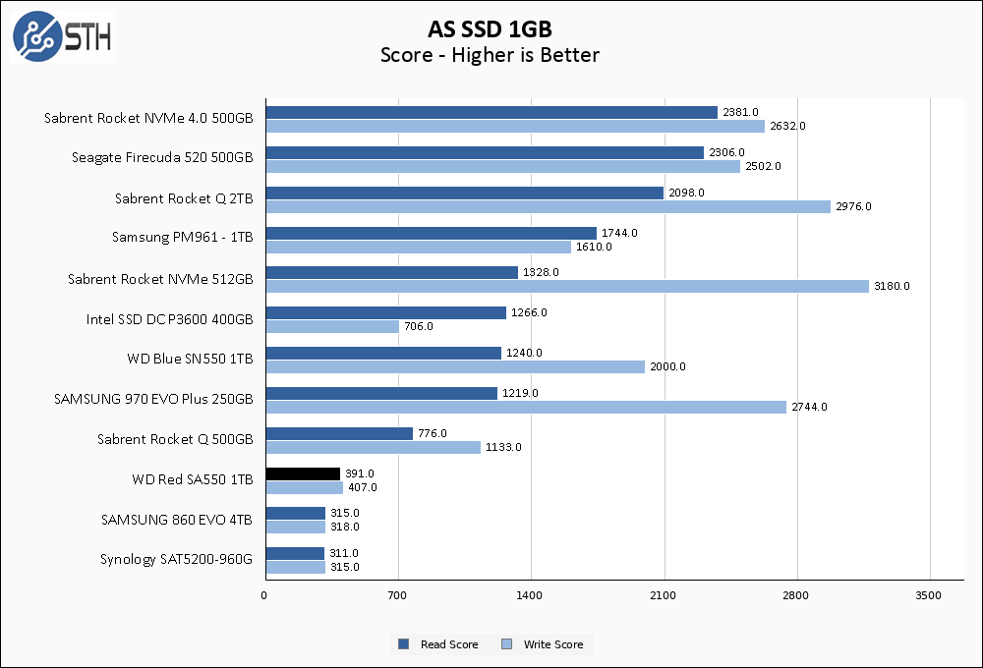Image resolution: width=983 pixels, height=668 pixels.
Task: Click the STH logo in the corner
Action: [x=62, y=36]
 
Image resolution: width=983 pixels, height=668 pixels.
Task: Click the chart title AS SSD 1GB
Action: [x=490, y=28]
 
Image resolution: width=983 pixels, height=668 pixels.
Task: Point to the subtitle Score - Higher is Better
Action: [x=490, y=55]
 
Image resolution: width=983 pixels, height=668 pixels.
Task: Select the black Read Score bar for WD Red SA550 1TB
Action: [x=303, y=473]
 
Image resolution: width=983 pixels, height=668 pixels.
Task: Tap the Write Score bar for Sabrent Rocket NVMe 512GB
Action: [x=567, y=286]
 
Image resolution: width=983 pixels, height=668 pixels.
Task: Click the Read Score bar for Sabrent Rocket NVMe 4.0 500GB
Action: [x=491, y=112]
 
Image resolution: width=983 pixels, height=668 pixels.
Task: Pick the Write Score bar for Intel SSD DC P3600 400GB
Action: [x=332, y=326]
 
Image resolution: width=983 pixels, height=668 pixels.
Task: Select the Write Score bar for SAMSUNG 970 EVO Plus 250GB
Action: [x=526, y=407]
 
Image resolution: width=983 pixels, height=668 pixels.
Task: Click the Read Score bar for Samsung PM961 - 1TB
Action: [x=431, y=233]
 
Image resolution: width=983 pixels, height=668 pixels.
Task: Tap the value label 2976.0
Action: [x=852, y=206]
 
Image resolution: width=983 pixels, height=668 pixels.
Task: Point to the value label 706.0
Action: [x=418, y=326]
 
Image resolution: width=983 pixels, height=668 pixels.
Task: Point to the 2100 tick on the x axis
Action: [x=664, y=595]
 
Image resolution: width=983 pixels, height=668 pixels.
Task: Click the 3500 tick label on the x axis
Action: [x=929, y=595]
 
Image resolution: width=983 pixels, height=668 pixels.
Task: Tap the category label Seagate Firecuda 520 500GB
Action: [x=162, y=157]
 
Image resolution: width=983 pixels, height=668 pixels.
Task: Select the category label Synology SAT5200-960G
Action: [x=176, y=559]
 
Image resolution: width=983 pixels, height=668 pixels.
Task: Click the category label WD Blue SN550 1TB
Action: [x=190, y=359]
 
